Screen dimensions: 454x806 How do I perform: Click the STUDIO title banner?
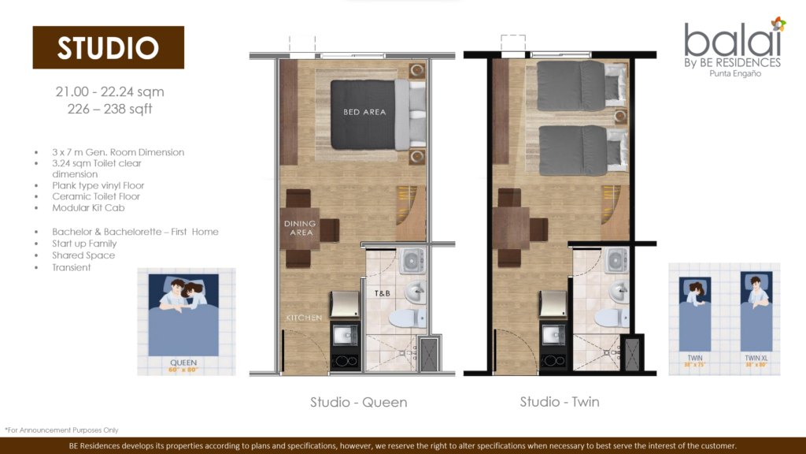(x=108, y=47)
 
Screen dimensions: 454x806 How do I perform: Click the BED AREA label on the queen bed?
(x=364, y=112)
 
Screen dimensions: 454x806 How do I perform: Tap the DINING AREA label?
(x=300, y=228)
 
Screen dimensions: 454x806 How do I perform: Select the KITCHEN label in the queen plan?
(x=304, y=318)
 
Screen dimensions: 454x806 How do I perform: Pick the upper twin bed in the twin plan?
(x=582, y=86)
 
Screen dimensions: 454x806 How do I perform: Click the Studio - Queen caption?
(x=358, y=402)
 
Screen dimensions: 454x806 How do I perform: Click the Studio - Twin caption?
(x=560, y=402)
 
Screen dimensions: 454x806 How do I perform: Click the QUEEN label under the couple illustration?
(x=183, y=363)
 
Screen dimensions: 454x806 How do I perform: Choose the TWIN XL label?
(x=754, y=358)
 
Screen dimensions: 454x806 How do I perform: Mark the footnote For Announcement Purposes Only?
(x=61, y=430)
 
